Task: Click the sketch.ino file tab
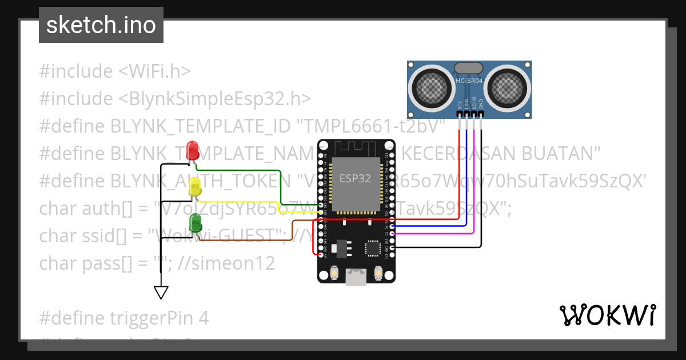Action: [x=101, y=25]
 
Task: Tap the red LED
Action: [x=193, y=151]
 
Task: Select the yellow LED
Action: [x=194, y=187]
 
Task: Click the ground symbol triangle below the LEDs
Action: [x=161, y=293]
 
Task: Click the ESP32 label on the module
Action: [x=355, y=178]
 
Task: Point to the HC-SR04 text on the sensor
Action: [x=469, y=81]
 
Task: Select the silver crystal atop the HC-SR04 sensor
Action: [x=469, y=68]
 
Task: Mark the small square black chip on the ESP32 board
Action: [x=373, y=248]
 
